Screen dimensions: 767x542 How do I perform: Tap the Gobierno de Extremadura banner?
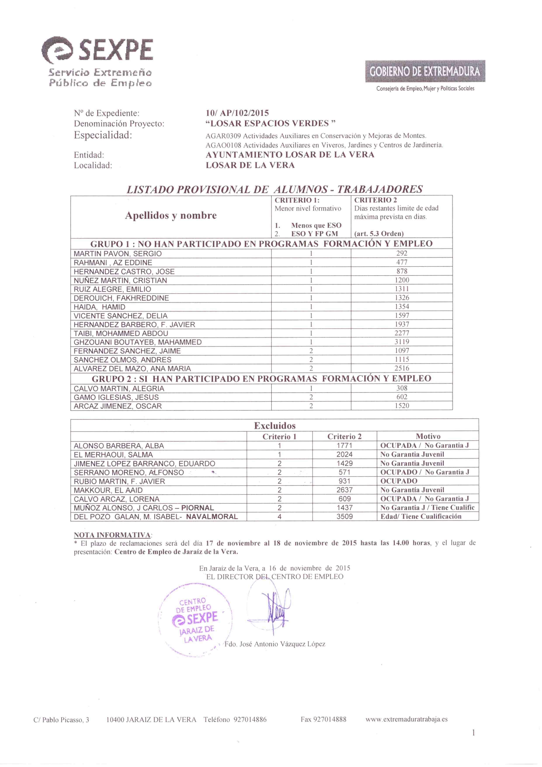[425, 71]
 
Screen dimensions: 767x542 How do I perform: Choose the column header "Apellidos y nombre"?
[170, 215]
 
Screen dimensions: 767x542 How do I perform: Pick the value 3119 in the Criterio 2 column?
[401, 342]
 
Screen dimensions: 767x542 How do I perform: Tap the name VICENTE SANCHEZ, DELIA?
[120, 316]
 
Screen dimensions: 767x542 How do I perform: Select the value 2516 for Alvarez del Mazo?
[401, 368]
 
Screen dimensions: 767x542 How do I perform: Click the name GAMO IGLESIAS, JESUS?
[116, 397]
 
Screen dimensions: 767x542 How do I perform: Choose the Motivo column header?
[428, 436]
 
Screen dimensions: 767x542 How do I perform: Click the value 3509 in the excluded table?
[344, 517]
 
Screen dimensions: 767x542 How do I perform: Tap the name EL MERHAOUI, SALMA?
[113, 455]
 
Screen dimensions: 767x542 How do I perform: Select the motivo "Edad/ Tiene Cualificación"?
[421, 517]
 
